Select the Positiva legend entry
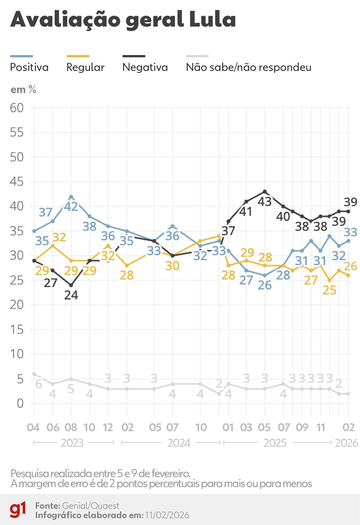pyautogui.click(x=29, y=67)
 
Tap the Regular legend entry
pyautogui.click(x=85, y=67)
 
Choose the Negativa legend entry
pyautogui.click(x=145, y=67)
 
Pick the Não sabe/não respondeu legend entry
pyautogui.click(x=248, y=67)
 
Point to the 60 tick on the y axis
pyautogui.click(x=16, y=108)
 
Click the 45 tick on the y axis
pyautogui.click(x=16, y=182)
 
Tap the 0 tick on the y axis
pyautogui.click(x=20, y=404)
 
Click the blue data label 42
pyautogui.click(x=71, y=207)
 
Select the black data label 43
pyautogui.click(x=265, y=202)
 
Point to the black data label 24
pyautogui.click(x=71, y=295)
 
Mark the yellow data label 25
pyautogui.click(x=329, y=290)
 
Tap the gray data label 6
pyautogui.click(x=38, y=385)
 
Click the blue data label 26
pyautogui.click(x=265, y=285)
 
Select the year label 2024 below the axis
pyautogui.click(x=179, y=443)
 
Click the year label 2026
pyautogui.click(x=346, y=443)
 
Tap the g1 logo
pyautogui.click(x=18, y=510)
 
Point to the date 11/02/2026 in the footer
pyautogui.click(x=167, y=515)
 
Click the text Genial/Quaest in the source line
pyautogui.click(x=91, y=506)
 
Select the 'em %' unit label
pyautogui.click(x=23, y=90)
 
